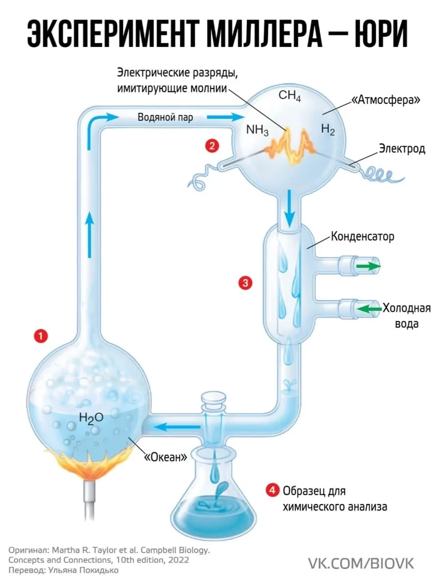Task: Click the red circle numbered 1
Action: click(41, 336)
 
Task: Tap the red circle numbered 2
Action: click(212, 146)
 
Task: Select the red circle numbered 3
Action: click(245, 283)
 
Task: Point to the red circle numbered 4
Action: click(272, 491)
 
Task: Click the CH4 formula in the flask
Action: click(290, 95)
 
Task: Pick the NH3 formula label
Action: click(257, 130)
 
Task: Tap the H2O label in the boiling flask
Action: click(91, 418)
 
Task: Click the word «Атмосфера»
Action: click(386, 100)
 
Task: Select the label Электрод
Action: click(402, 148)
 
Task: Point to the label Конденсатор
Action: click(363, 236)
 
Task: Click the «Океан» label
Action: click(165, 457)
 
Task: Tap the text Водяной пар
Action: click(165, 117)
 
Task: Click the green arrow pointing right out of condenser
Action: click(368, 266)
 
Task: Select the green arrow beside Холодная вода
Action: click(369, 309)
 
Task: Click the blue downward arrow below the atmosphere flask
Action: click(290, 209)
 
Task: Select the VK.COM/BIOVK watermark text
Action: click(360, 563)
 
